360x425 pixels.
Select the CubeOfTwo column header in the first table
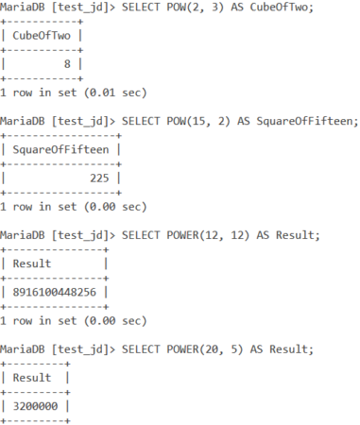44,36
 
